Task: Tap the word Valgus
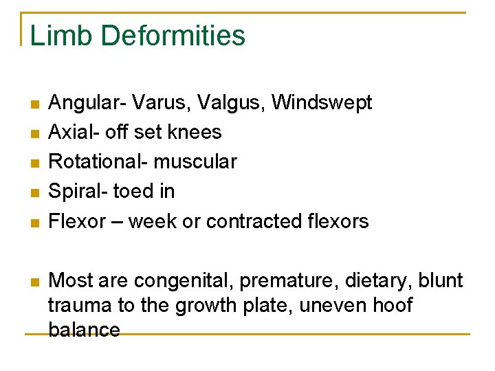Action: [231, 103]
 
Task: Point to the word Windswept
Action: [322, 103]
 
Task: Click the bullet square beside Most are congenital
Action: [34, 281]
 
